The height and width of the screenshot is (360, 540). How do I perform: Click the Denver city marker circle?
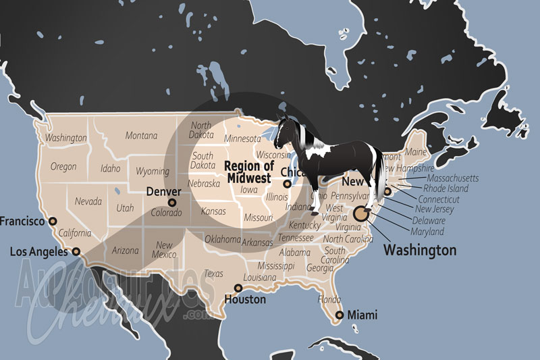[x=172, y=202]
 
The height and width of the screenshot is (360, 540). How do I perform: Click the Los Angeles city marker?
[x=76, y=252]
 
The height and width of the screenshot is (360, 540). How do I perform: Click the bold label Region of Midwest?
[x=248, y=172]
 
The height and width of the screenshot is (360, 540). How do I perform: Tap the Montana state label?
[x=141, y=136]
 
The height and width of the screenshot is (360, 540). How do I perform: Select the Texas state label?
[x=213, y=274]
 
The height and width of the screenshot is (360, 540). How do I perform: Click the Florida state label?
[x=329, y=299]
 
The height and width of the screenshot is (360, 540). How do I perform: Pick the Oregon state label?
[x=63, y=166]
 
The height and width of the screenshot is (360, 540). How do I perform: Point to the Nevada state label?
[x=88, y=201]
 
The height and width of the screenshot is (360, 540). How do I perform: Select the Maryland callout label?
[x=427, y=232]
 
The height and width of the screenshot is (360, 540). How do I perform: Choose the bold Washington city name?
[x=419, y=250]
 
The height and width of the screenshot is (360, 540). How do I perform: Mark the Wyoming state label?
[x=152, y=171]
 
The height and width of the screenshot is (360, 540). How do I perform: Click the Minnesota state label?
[x=242, y=139]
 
